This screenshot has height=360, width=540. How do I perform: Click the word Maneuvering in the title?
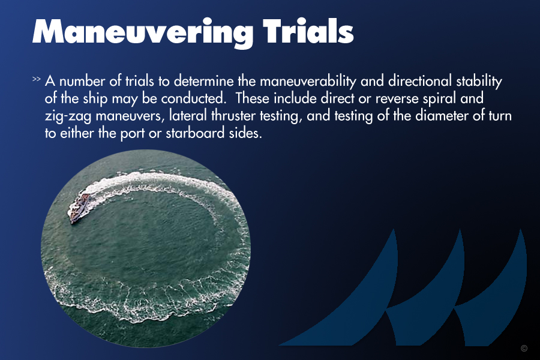(x=143, y=32)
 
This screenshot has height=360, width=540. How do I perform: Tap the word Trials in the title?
(x=308, y=31)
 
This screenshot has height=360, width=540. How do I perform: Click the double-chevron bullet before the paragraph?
(x=37, y=79)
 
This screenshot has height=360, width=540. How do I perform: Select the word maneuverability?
(x=308, y=82)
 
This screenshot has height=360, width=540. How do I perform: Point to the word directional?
(x=419, y=81)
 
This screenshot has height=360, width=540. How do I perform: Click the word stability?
(x=479, y=82)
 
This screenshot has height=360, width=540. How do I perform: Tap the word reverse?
(x=397, y=99)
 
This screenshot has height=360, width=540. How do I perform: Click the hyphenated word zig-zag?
(x=68, y=116)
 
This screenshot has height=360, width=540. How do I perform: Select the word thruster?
(x=233, y=115)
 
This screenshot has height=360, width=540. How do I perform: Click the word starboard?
(x=195, y=133)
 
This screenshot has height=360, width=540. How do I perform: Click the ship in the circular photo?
(x=80, y=208)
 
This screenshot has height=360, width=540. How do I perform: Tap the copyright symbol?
(x=524, y=348)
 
